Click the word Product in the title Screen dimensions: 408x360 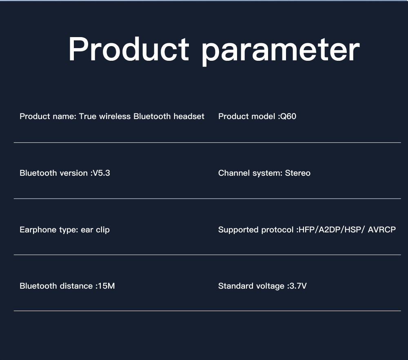click(129, 49)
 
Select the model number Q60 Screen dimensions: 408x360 click(288, 116)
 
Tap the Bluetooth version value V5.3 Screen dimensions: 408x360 click(101, 173)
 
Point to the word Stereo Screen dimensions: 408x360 click(298, 173)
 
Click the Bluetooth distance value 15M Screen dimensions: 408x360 click(106, 286)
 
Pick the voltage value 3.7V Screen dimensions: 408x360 click(298, 286)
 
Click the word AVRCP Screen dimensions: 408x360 click(382, 230)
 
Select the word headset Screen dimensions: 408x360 click(189, 116)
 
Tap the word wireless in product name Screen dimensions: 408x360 click(115, 116)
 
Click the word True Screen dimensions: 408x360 click(88, 116)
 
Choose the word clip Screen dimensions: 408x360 click(103, 230)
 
